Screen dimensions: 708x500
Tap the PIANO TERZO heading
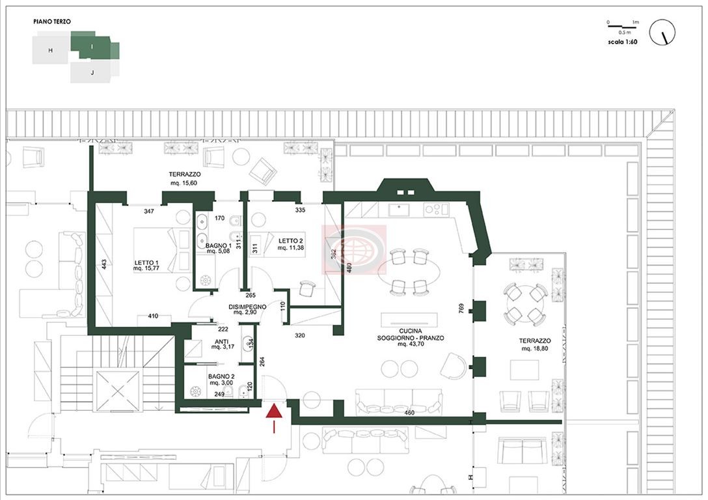[x=52, y=21]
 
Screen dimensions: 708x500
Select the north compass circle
[x=662, y=32]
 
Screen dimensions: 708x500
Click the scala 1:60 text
[x=623, y=42]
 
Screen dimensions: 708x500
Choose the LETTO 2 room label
[x=290, y=244]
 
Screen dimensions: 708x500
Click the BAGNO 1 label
[x=218, y=249]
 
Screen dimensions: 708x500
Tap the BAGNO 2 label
[x=221, y=380]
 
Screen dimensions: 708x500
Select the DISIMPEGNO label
[x=247, y=309]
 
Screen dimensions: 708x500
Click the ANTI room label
[x=222, y=344]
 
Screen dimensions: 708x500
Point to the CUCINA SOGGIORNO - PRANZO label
[x=411, y=337]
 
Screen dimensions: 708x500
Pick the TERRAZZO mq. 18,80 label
[x=535, y=344]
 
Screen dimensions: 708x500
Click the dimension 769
[x=461, y=309]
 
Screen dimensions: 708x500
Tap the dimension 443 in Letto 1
[x=104, y=264]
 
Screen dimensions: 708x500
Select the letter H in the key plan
[x=50, y=51]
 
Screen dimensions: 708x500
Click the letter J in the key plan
[x=92, y=72]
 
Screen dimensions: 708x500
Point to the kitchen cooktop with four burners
[x=437, y=209]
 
